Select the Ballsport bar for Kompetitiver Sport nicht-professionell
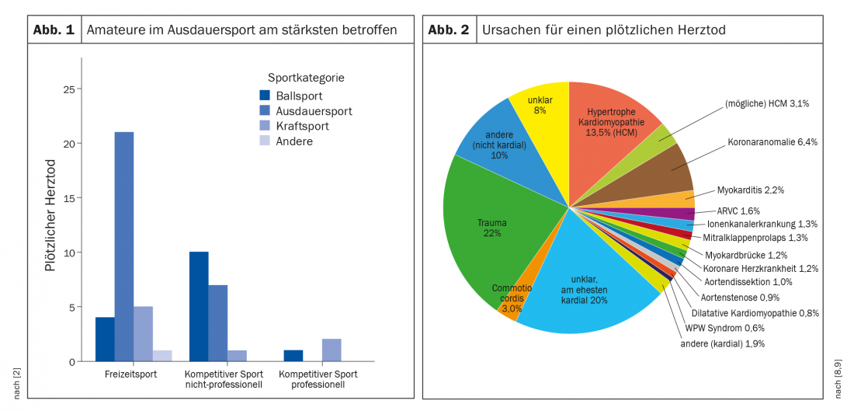pos(199,307)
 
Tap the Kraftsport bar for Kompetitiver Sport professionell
pos(332,350)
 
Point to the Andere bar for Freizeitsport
pos(162,356)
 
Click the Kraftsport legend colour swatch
pos(265,126)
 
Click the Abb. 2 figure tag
pos(449,30)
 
